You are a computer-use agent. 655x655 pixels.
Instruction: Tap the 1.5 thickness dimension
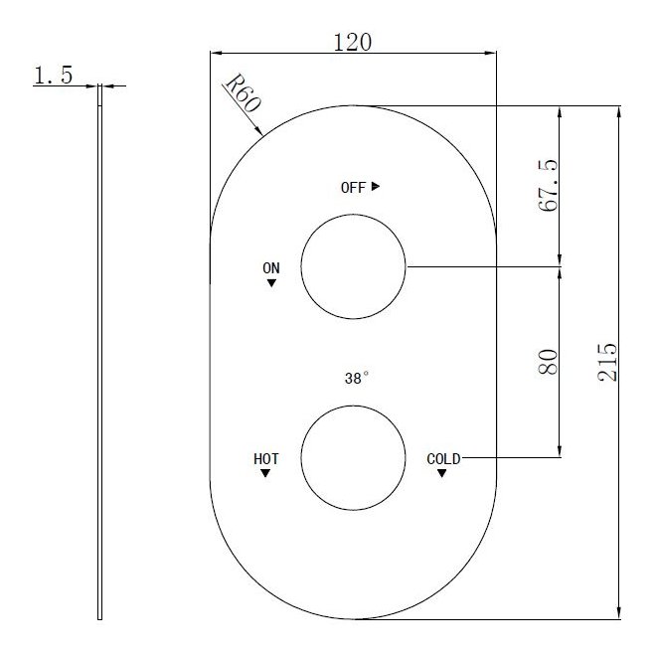(53, 76)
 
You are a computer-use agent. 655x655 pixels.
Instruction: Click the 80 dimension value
(548, 361)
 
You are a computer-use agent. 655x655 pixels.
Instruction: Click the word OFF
(353, 187)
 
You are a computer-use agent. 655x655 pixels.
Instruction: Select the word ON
(271, 268)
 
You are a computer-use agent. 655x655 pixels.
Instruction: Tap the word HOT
(265, 459)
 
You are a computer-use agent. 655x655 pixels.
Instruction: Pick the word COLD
(443, 459)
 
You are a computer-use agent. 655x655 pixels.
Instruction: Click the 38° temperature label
(356, 379)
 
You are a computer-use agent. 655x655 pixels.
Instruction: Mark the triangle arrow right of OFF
(376, 186)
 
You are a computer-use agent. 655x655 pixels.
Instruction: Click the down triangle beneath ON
(271, 283)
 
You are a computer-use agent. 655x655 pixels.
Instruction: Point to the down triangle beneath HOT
(265, 474)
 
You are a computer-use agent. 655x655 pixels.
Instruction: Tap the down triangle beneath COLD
(441, 474)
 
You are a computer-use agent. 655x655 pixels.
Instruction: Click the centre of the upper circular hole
(353, 266)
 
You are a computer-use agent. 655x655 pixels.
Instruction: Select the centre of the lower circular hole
(353, 457)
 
